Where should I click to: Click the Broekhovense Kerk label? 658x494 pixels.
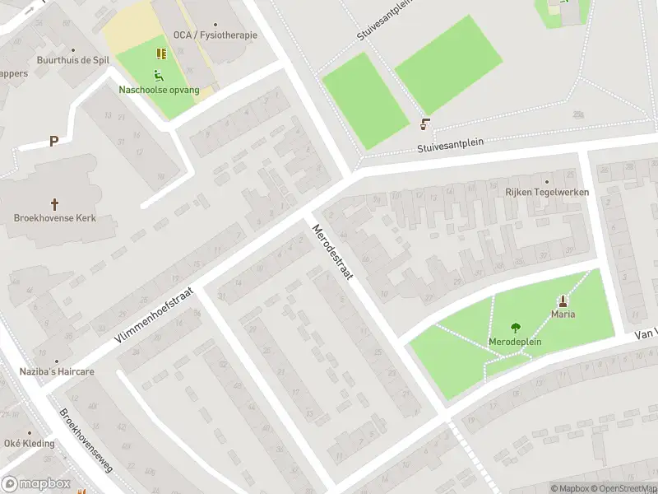coord(56,218)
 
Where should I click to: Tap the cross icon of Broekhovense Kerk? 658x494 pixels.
coord(55,203)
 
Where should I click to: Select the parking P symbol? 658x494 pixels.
coord(53,141)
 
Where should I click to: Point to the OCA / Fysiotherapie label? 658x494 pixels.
coord(215,35)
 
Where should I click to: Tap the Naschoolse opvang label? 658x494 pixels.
coord(159,89)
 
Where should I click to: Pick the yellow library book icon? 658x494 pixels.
coord(161,54)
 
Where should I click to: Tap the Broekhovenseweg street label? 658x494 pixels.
coord(85,438)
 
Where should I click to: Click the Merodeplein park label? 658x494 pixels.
coord(516,342)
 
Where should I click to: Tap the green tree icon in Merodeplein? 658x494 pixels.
coord(516,328)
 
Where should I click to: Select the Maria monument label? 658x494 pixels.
coord(563,314)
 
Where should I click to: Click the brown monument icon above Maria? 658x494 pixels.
coord(563,301)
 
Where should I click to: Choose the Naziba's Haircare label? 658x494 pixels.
coord(57,371)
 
